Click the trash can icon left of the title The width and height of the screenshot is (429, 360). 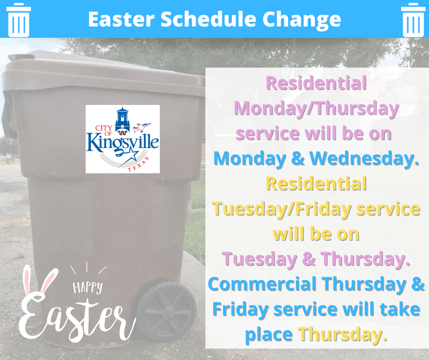(19, 20)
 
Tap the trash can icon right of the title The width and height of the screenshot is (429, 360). (413, 20)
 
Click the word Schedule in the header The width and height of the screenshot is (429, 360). (208, 19)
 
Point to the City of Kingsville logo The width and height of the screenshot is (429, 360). (123, 139)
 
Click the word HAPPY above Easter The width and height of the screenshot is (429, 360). (88, 287)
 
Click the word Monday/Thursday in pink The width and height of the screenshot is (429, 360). (316, 109)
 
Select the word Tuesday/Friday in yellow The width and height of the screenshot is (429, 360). (282, 209)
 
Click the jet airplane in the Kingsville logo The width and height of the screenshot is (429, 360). (142, 127)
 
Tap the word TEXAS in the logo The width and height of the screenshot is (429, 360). (139, 165)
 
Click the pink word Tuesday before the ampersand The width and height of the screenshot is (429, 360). (259, 259)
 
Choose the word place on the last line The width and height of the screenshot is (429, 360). (269, 335)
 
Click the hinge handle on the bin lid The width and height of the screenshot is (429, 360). (21, 58)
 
